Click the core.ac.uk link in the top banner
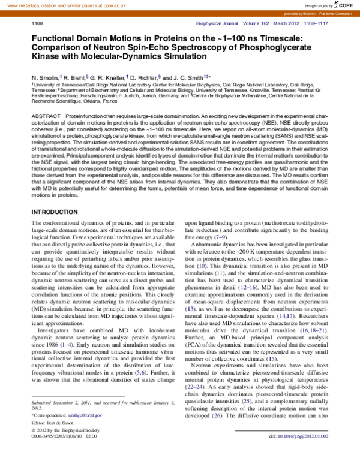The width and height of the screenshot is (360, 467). [x=127, y=4]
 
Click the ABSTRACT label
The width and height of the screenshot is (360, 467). [x=46, y=114]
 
